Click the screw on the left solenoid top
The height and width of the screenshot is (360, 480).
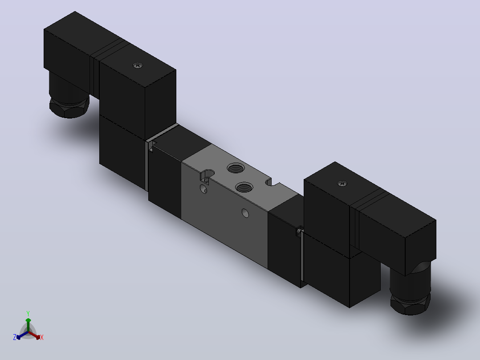138,65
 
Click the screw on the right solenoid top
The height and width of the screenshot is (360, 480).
342,184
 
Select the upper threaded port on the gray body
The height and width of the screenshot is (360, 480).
236,168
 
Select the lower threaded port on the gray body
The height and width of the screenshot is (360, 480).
244,187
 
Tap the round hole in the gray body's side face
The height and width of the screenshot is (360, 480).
245,213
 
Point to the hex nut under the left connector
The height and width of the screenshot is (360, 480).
69,107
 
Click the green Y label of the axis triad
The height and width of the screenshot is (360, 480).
28,314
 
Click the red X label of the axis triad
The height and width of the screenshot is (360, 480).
42,337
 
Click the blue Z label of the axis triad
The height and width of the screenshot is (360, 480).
15,337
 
